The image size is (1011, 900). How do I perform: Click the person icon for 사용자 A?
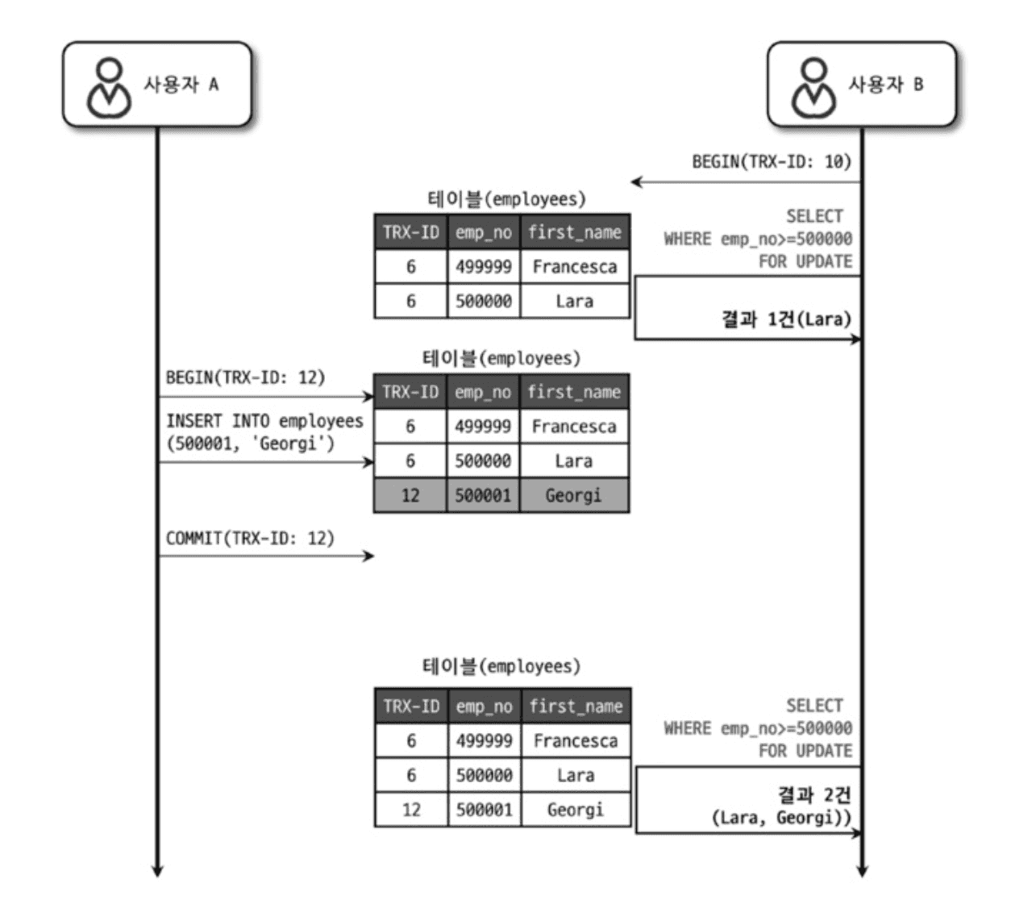pos(109,86)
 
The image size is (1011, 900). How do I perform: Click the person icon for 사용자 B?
pos(813,86)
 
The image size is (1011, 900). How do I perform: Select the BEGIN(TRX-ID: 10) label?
pos(771,161)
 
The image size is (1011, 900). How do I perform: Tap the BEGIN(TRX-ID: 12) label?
pos(245,377)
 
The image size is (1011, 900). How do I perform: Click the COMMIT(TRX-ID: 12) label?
pos(250,538)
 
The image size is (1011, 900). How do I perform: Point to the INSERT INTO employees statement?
pos(264,431)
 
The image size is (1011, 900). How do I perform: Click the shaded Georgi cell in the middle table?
pos(573,495)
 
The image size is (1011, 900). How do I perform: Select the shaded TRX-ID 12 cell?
pos(410,495)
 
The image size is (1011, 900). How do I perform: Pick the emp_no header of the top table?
pos(483,232)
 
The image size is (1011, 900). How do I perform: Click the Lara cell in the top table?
pos(574,301)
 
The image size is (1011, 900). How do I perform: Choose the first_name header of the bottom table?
pos(576,706)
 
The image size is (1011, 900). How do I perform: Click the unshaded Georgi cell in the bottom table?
pos(576,809)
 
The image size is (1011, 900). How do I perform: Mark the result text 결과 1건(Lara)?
pos(785,319)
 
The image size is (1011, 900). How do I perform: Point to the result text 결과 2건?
pos(813,795)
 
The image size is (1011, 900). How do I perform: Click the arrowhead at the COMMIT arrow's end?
pos(369,556)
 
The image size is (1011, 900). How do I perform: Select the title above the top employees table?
pos(506,198)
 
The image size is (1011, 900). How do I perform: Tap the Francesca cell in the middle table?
pos(573,427)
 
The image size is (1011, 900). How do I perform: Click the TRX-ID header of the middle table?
pos(410,392)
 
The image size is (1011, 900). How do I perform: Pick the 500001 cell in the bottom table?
pos(484,809)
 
